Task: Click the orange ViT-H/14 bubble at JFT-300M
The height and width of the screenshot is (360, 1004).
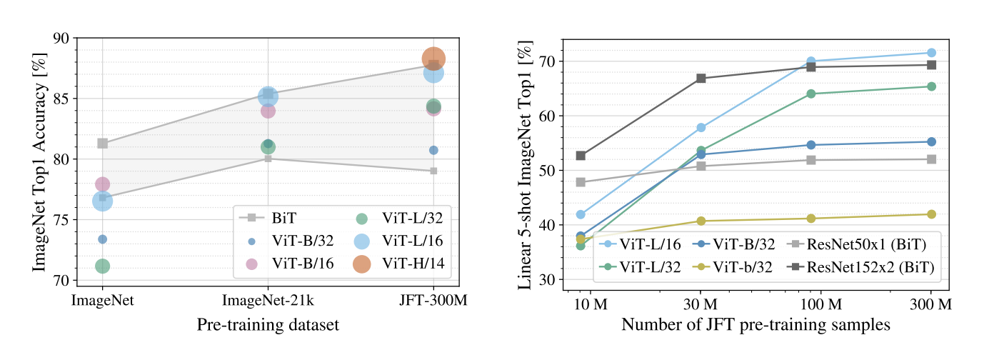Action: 433,59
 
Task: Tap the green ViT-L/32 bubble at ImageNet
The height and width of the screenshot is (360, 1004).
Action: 102,266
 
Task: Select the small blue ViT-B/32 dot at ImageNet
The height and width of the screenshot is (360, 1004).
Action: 102,239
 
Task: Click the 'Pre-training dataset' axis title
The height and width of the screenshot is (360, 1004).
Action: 268,325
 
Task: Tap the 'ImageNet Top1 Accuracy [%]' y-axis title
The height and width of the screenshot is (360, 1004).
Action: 40,159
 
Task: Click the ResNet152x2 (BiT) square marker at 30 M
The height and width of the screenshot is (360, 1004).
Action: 701,79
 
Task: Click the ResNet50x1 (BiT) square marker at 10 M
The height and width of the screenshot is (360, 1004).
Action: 581,182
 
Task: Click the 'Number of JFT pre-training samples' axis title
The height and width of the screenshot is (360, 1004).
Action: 755,325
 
